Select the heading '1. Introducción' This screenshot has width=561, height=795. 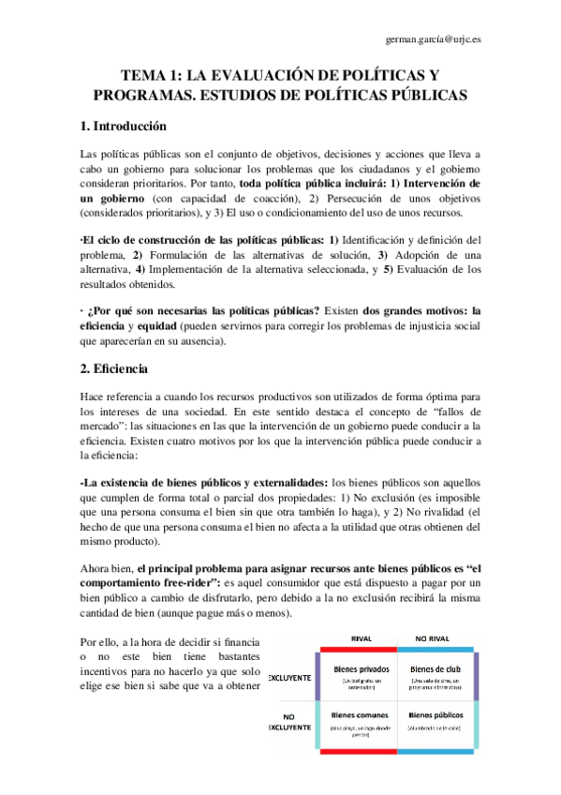pos(123,126)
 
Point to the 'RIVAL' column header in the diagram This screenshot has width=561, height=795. pos(361,637)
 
